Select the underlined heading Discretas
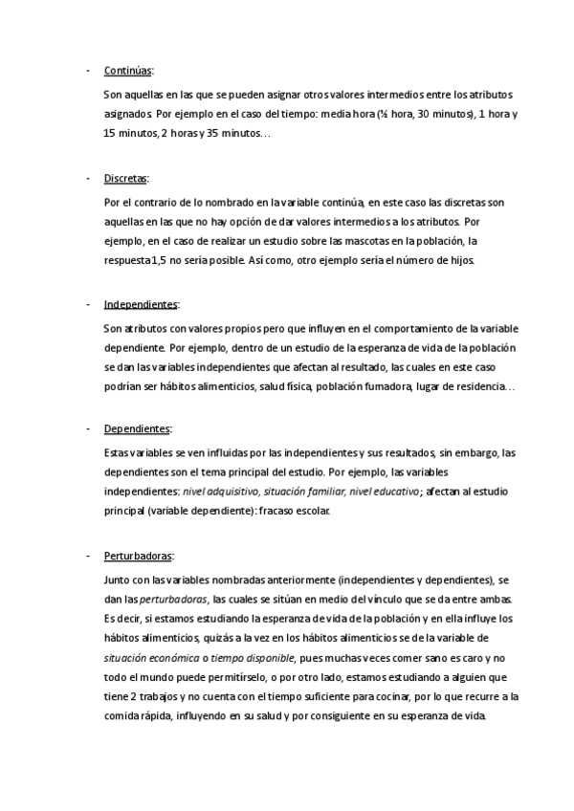[125, 179]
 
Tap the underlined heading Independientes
[141, 304]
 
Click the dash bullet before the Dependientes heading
[88, 429]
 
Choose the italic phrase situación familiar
[304, 492]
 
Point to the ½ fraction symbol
[382, 115]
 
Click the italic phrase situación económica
[143, 658]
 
